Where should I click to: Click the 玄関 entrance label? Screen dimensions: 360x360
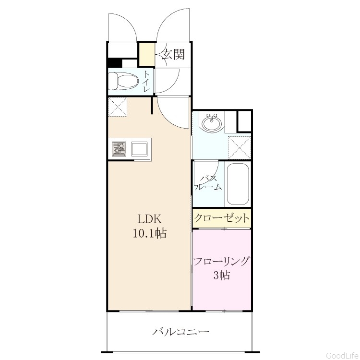pyautogui.click(x=174, y=54)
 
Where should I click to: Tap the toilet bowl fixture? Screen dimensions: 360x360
pyautogui.click(x=123, y=81)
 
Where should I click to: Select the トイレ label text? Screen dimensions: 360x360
pyautogui.click(x=146, y=81)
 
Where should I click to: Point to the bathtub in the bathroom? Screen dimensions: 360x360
pyautogui.click(x=238, y=184)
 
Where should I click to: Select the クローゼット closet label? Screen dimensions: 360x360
pyautogui.click(x=222, y=218)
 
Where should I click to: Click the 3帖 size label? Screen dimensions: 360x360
pyautogui.click(x=222, y=275)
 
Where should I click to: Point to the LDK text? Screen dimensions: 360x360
pyautogui.click(x=149, y=219)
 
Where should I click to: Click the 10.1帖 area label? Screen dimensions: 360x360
pyautogui.click(x=150, y=233)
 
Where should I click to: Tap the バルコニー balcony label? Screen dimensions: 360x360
pyautogui.click(x=180, y=332)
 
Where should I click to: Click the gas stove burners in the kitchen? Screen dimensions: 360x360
pyautogui.click(x=119, y=148)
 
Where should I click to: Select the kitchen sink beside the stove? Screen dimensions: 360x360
pyautogui.click(x=139, y=149)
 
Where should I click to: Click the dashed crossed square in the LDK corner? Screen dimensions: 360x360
pyautogui.click(x=118, y=107)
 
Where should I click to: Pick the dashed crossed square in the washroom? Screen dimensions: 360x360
pyautogui.click(x=239, y=148)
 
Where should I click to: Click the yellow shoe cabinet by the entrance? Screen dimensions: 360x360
pyautogui.click(x=147, y=54)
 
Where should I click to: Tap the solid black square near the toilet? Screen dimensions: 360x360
pyautogui.click(x=115, y=63)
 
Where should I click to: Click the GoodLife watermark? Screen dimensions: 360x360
pyautogui.click(x=343, y=355)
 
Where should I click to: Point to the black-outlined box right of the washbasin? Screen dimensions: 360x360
pyautogui.click(x=244, y=121)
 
